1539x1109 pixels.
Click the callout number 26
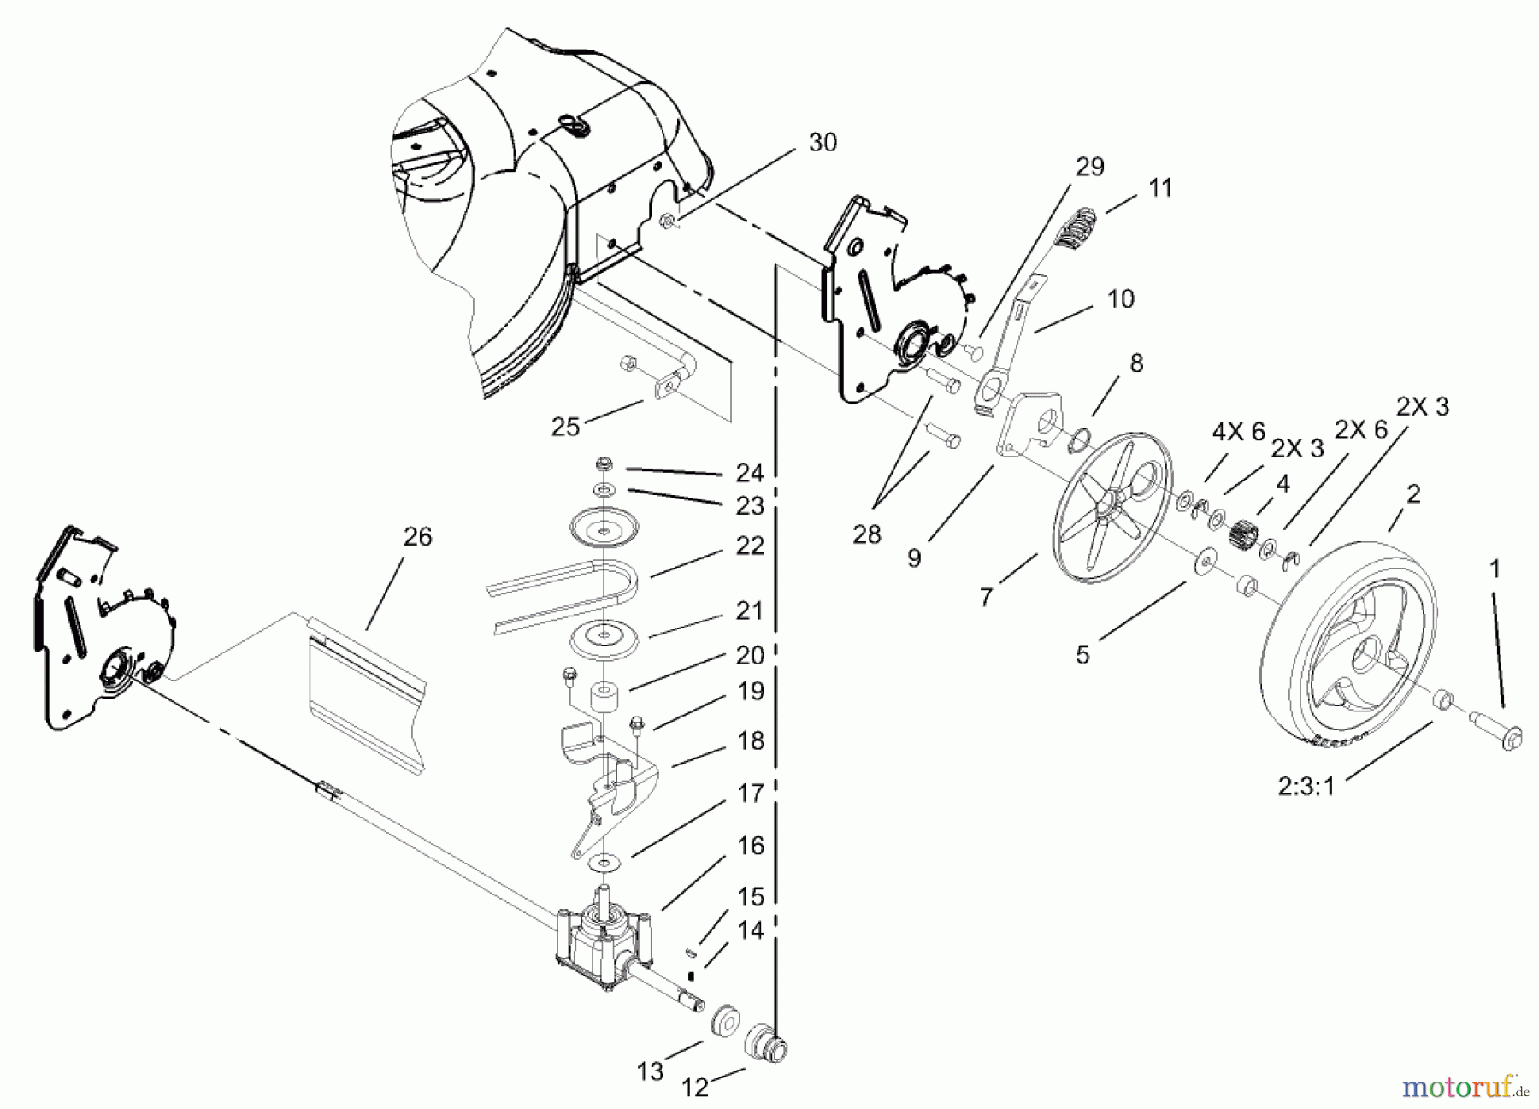pyautogui.click(x=417, y=537)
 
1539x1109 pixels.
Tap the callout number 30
pyautogui.click(x=823, y=143)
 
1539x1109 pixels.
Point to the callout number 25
pyautogui.click(x=565, y=426)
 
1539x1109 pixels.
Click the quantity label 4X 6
pyautogui.click(x=1238, y=433)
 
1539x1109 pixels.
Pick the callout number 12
pyautogui.click(x=695, y=1087)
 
